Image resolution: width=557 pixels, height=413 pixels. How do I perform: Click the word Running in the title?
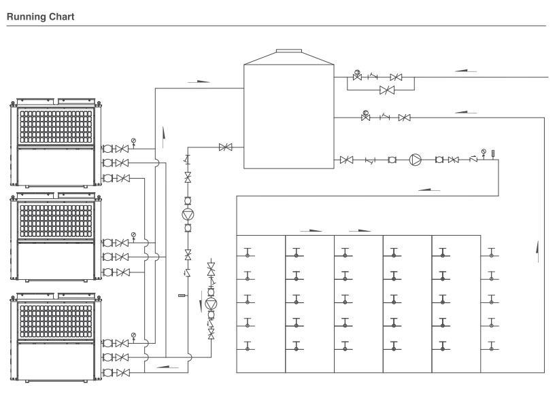(x=27, y=17)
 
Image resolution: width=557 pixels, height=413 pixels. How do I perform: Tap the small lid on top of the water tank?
(x=289, y=51)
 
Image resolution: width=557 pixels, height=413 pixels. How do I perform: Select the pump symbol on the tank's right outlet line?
(x=415, y=160)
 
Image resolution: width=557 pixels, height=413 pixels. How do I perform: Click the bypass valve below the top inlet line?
(x=387, y=90)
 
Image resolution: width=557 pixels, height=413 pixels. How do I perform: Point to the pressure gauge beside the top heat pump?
(x=133, y=142)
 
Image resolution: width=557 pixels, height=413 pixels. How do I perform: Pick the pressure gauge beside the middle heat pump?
(x=133, y=236)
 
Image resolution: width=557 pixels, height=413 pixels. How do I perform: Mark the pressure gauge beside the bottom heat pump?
(x=133, y=336)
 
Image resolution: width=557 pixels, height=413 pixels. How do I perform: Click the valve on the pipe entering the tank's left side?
(x=226, y=147)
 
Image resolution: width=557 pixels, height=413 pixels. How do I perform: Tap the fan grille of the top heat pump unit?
(x=56, y=126)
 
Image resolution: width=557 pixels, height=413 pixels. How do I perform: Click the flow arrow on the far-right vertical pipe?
(x=538, y=251)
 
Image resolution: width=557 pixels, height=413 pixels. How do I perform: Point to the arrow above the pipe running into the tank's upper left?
(x=199, y=82)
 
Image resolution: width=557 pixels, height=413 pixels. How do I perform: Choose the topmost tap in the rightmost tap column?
(x=491, y=253)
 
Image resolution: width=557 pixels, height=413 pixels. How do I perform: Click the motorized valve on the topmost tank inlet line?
(x=357, y=75)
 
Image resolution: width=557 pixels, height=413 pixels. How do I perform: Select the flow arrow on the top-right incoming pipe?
(x=466, y=71)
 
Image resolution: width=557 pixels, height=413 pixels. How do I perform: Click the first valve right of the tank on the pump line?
(x=346, y=160)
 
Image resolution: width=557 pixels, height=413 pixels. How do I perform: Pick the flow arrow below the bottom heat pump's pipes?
(x=167, y=367)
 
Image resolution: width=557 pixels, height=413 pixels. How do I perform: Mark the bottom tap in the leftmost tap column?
(x=248, y=346)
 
